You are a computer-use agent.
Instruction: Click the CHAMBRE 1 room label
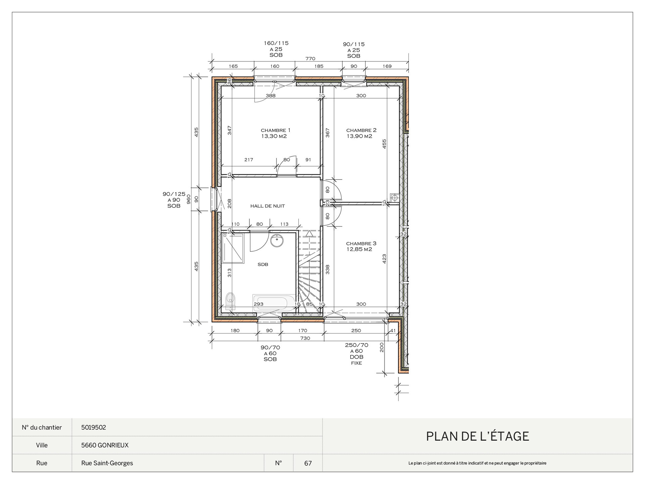275,130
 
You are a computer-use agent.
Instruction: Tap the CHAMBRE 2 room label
361,130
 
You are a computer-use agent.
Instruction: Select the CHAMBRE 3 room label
361,243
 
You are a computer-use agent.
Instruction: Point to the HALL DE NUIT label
267,206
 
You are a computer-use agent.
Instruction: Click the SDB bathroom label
263,265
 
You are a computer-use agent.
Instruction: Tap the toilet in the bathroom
230,300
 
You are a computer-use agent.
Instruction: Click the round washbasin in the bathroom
277,240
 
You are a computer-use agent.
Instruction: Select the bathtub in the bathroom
274,303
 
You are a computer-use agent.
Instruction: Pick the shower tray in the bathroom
233,248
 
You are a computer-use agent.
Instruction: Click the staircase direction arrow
309,233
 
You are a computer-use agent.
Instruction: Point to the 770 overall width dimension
310,58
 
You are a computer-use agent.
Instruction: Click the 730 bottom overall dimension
305,338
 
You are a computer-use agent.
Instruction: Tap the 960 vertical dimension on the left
188,199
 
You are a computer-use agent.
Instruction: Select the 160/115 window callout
276,49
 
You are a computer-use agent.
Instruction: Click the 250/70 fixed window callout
356,354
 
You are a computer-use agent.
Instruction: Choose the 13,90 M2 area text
359,136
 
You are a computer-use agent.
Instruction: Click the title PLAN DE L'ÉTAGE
477,436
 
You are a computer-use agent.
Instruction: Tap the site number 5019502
93,428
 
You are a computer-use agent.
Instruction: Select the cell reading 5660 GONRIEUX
105,445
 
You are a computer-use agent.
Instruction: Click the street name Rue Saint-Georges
107,463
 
